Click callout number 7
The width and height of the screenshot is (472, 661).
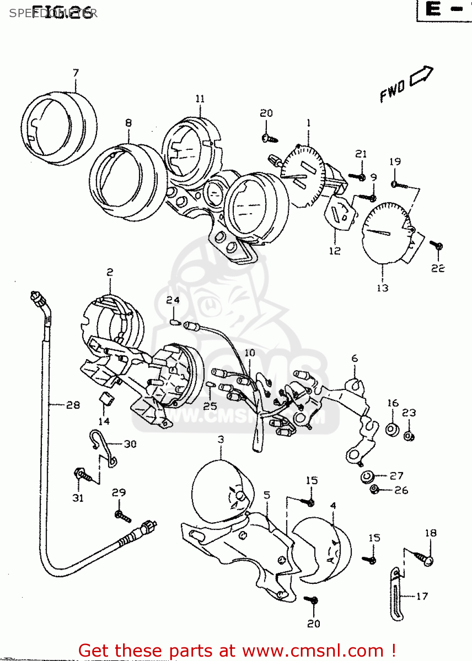point(76,73)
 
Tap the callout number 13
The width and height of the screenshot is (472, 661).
point(382,288)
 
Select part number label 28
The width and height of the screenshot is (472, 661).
point(73,405)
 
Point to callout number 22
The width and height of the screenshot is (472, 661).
point(438,268)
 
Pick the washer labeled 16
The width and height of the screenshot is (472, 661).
point(392,428)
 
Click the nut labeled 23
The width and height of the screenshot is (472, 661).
point(409,436)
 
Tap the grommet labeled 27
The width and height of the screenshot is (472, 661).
point(367,476)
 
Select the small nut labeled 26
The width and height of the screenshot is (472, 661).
point(375,490)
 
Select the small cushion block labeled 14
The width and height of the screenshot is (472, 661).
point(106,398)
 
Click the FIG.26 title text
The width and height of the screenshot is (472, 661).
point(64,13)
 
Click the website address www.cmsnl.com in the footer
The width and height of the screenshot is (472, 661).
point(313,650)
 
